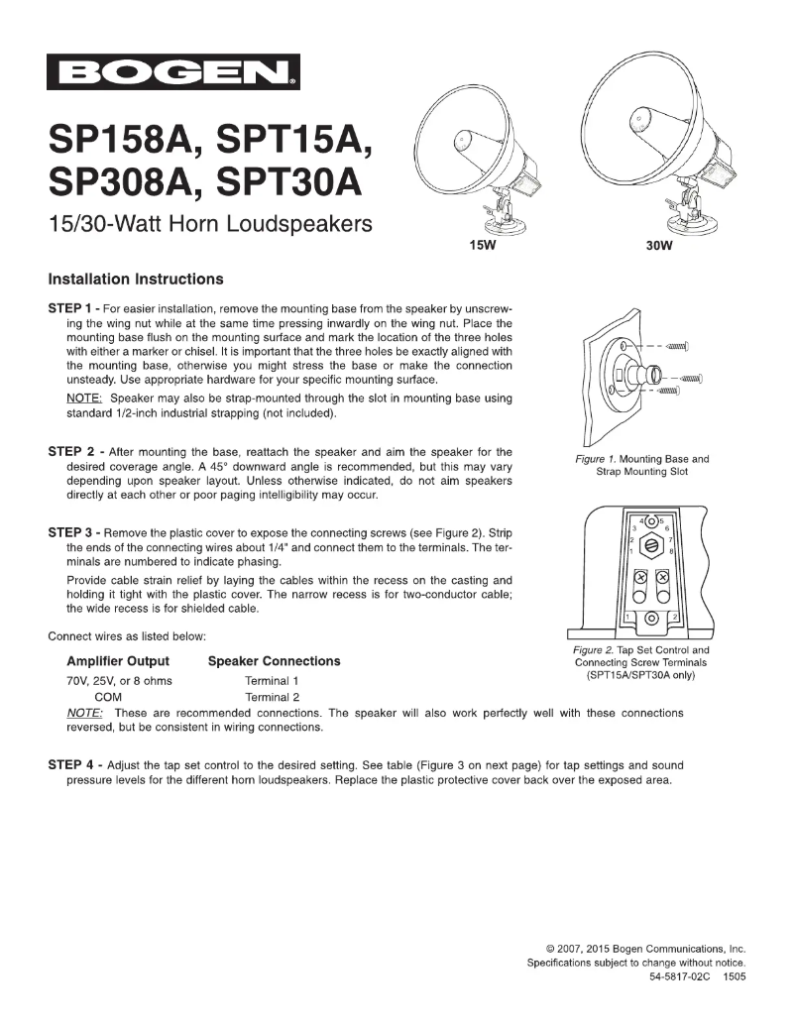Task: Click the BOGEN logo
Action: click(x=173, y=72)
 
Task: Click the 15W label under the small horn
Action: click(x=481, y=248)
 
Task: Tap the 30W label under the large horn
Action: click(x=659, y=248)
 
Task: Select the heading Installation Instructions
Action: click(x=136, y=279)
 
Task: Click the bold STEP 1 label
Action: click(x=72, y=309)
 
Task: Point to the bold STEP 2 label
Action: click(x=72, y=452)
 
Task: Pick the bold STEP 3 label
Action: click(x=72, y=532)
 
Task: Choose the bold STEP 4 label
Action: click(x=72, y=765)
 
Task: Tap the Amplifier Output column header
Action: click(x=117, y=661)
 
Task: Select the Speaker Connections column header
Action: click(x=274, y=661)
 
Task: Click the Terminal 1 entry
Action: click(x=271, y=681)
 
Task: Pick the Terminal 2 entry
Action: click(x=271, y=697)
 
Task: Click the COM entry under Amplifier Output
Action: click(x=108, y=697)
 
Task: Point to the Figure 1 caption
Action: click(x=642, y=465)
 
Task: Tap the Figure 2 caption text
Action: click(x=641, y=663)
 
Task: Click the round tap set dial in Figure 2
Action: click(x=651, y=544)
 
